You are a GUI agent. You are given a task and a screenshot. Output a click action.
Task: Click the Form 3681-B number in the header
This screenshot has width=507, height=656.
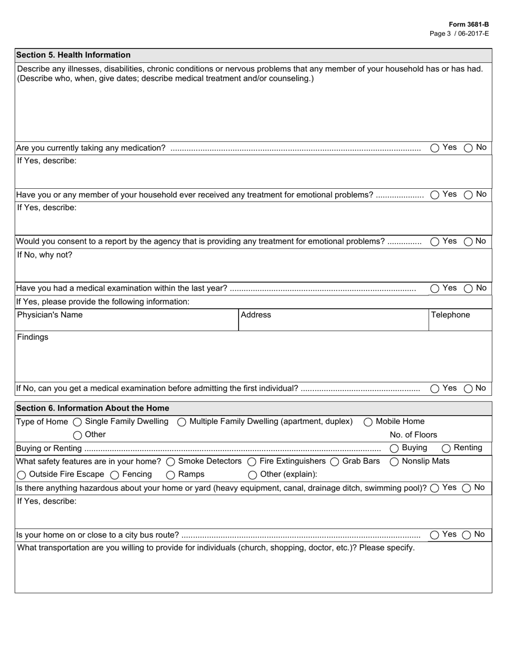click(x=468, y=25)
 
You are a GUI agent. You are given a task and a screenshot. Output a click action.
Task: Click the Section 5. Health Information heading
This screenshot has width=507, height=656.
click(x=73, y=55)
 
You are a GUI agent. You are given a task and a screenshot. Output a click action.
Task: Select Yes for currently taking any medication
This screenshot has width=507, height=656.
click(x=435, y=148)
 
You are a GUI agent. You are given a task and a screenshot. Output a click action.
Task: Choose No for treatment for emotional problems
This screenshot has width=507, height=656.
click(x=468, y=195)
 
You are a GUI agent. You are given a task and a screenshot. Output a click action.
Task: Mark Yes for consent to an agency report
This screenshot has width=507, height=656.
click(x=435, y=242)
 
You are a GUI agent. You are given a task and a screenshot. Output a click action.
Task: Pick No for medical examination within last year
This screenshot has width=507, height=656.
click(x=468, y=289)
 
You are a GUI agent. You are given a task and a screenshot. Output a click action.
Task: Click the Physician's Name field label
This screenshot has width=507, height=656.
click(x=50, y=315)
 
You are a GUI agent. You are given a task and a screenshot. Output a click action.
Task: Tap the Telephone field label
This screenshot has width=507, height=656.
click(x=450, y=315)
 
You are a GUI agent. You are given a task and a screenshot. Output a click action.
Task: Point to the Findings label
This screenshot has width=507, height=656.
click(x=33, y=337)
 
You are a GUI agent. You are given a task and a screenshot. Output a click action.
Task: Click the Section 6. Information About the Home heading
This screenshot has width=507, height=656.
click(x=92, y=408)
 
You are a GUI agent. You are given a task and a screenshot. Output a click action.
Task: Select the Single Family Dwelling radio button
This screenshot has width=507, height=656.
click(x=77, y=422)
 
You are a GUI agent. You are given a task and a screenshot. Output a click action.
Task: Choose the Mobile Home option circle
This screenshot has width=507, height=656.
click(x=368, y=422)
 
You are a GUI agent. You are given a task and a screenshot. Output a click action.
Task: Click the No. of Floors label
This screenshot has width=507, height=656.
click(x=413, y=435)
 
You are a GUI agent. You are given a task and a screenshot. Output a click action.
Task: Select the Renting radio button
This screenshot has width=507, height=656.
click(x=446, y=448)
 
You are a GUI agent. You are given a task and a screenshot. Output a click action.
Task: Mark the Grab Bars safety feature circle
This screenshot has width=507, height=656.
click(x=335, y=461)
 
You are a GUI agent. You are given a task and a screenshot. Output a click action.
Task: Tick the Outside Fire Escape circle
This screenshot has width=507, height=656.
click(x=21, y=475)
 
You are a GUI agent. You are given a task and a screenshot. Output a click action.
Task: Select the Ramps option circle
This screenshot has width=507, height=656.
click(x=170, y=475)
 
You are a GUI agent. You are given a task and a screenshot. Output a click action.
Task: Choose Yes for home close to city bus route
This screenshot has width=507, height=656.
click(x=435, y=534)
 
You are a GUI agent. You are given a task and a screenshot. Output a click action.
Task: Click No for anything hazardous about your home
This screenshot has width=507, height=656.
click(x=466, y=487)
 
